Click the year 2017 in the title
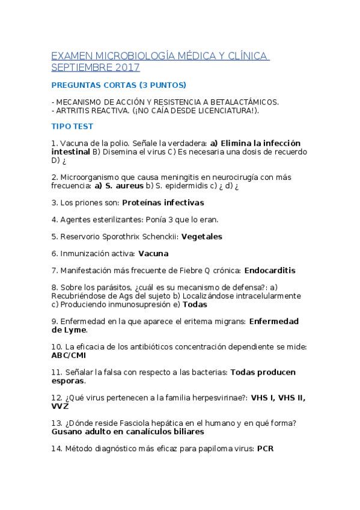[x=129, y=67]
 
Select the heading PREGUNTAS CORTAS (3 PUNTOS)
[x=119, y=85]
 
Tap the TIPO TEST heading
[x=72, y=126]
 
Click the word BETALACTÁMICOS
[x=244, y=102]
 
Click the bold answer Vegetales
[x=202, y=236]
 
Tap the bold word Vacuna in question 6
[x=153, y=253]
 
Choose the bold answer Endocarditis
[x=270, y=271]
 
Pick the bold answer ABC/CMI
[x=69, y=355]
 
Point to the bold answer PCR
[x=265, y=448]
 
